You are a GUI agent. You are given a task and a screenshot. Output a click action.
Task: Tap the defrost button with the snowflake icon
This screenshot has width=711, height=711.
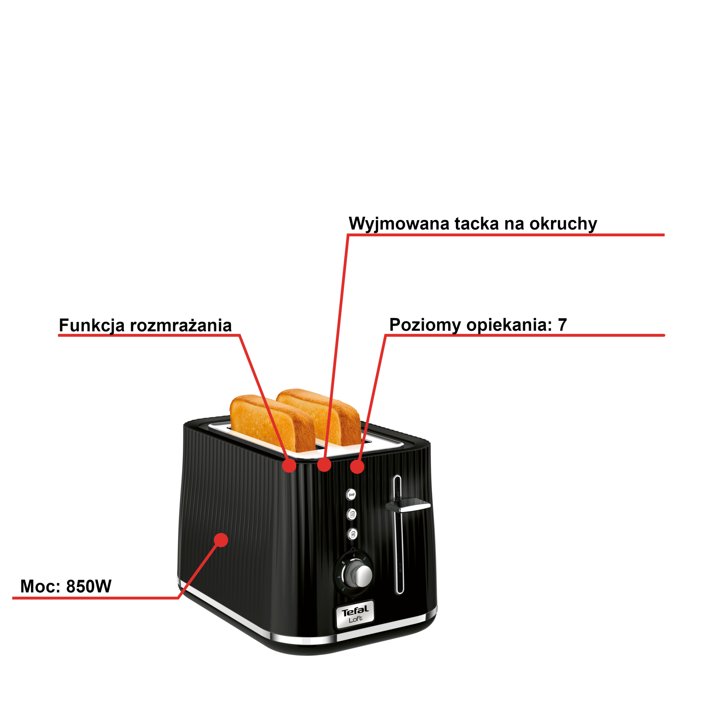tap(352, 534)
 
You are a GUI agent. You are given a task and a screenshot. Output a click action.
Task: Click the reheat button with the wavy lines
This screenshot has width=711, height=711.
tap(352, 514)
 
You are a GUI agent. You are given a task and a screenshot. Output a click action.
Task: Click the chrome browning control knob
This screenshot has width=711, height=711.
tap(362, 574)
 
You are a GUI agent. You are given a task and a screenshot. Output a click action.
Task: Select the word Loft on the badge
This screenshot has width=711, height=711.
tap(355, 619)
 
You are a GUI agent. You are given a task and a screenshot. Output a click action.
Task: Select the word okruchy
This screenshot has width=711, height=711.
tap(563, 224)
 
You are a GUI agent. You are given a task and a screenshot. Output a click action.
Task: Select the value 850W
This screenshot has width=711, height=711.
tap(89, 586)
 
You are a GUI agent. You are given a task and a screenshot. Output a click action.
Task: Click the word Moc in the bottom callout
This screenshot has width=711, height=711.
tap(40, 586)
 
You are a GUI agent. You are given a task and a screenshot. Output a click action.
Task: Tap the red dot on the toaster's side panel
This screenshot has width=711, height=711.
tap(221, 540)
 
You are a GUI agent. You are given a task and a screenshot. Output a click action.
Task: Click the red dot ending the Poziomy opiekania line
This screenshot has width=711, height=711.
tap(357, 467)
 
